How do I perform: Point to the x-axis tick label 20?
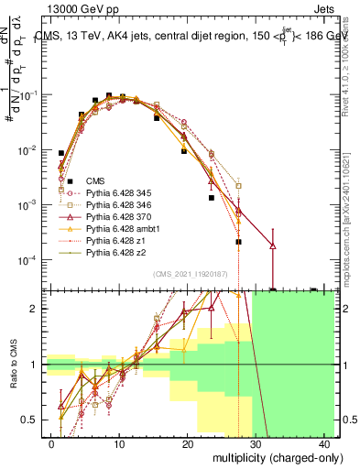pyautogui.click(x=187, y=443)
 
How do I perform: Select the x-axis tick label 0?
pyautogui.click(x=51, y=443)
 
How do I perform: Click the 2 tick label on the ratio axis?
pyautogui.click(x=36, y=309)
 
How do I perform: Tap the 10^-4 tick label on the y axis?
pyautogui.click(x=27, y=260)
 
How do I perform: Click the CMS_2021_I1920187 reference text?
pyautogui.click(x=191, y=274)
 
